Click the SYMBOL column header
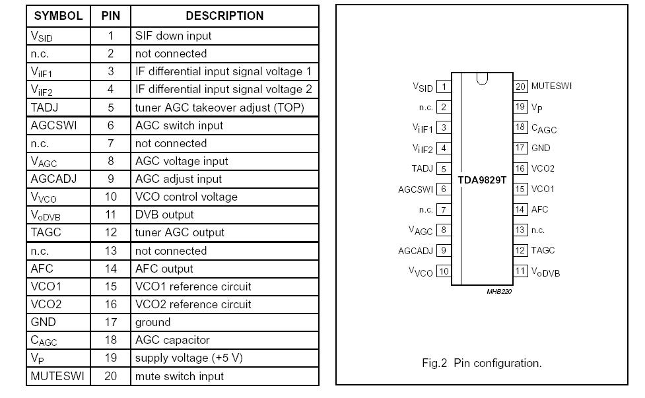(x=59, y=16)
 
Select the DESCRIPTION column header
(x=224, y=16)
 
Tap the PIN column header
(x=110, y=16)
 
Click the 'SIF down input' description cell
(x=173, y=36)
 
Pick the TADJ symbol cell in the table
(x=45, y=107)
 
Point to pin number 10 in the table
(x=110, y=197)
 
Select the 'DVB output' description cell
(x=164, y=215)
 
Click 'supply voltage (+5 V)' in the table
(x=189, y=358)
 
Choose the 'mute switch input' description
(x=179, y=376)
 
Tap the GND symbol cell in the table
(x=43, y=322)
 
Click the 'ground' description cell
(x=153, y=322)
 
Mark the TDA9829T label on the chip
(x=482, y=180)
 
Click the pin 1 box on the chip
(x=444, y=86)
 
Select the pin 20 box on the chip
(x=520, y=86)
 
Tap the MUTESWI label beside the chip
(x=551, y=86)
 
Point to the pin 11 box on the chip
(x=520, y=271)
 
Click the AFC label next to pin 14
(x=539, y=209)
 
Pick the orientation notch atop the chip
(x=482, y=79)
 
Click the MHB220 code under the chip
(x=499, y=291)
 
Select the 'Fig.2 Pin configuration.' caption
(x=481, y=363)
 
